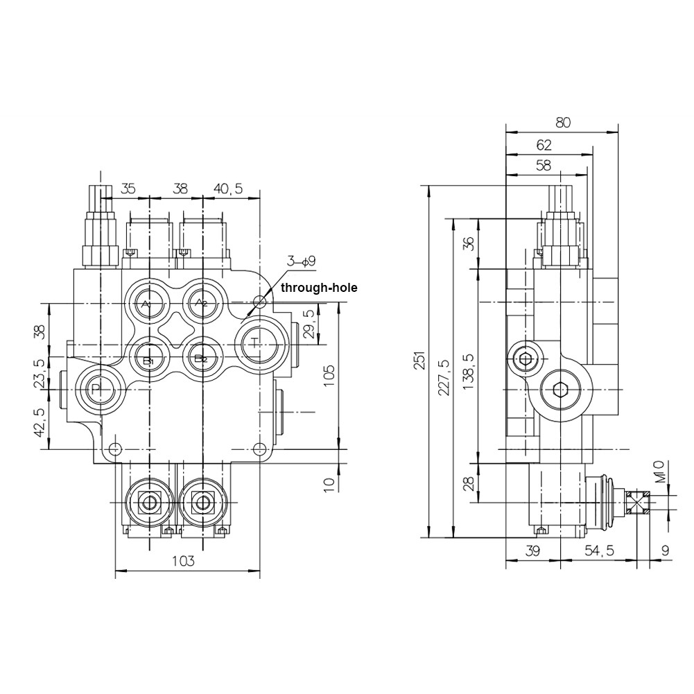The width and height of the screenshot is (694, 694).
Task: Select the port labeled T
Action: pyautogui.click(x=255, y=342)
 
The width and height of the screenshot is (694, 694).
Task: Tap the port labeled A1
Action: pyautogui.click(x=146, y=305)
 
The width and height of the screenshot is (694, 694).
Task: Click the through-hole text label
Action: pyautogui.click(x=319, y=287)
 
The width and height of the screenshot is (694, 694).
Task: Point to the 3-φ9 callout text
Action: pyautogui.click(x=301, y=262)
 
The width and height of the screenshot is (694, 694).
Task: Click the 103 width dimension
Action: pyautogui.click(x=182, y=560)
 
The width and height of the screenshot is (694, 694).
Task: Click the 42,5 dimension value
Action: pyautogui.click(x=39, y=421)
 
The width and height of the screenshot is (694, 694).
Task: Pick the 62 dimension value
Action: pyautogui.click(x=544, y=145)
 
